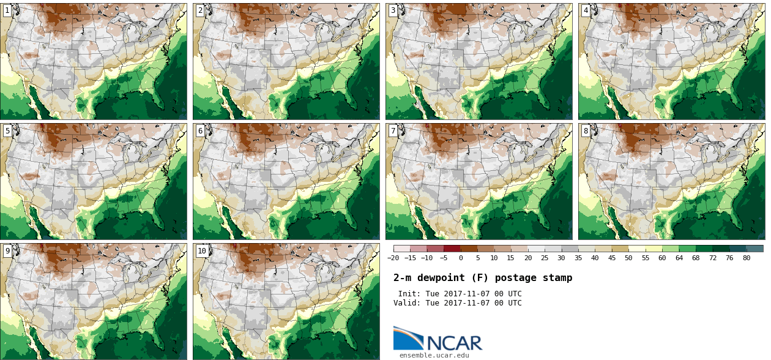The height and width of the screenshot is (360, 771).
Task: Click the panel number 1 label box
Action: coord(7,10)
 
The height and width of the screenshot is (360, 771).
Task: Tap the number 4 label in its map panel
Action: coord(586,10)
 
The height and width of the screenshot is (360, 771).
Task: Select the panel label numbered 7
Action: coord(393,130)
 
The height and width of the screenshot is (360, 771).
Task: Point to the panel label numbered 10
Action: coord(201,250)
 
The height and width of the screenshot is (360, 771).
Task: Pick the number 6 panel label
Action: coord(200,130)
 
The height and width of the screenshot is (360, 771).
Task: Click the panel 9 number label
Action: coord(7,250)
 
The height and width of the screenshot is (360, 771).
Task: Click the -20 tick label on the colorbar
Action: coord(393,258)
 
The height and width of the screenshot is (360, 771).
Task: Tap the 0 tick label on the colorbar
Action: coord(461,258)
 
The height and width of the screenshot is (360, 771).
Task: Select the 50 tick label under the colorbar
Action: coord(628,258)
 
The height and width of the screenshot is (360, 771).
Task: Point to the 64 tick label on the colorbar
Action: coord(679,258)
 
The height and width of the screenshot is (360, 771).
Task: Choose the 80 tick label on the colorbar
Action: coord(746,258)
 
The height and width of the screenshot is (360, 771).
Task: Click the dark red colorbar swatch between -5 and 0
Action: coord(452,249)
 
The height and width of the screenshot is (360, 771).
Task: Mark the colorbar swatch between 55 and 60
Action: coord(654,249)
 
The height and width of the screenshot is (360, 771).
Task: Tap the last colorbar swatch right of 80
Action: coord(754,249)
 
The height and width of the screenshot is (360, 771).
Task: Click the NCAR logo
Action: coord(438,339)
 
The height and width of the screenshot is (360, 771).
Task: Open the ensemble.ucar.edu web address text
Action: coord(434,355)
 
